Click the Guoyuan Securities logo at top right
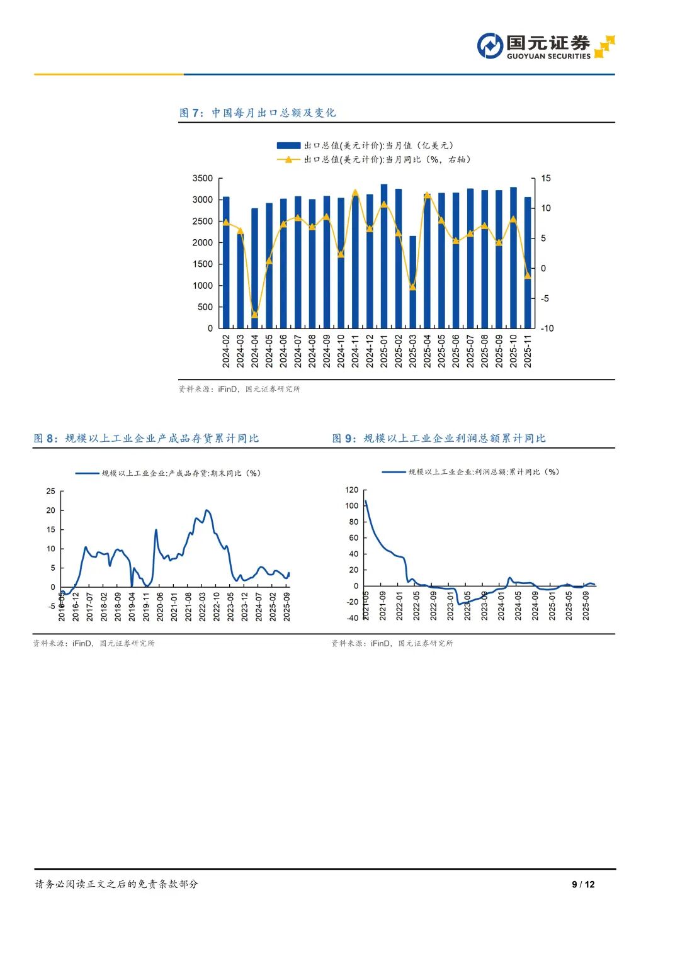click(545, 46)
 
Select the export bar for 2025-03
click(413, 282)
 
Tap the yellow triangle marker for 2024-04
click(255, 314)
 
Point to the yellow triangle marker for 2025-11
click(528, 275)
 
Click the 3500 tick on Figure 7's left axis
click(203, 179)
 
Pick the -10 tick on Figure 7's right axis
click(547, 329)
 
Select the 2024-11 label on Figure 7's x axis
click(355, 351)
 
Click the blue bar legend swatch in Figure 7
click(288, 146)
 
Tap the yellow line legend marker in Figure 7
click(288, 160)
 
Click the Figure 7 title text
click(258, 113)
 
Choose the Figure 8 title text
click(146, 438)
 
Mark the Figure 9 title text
click(439, 438)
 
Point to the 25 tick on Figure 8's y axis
click(50, 492)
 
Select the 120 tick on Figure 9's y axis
click(351, 490)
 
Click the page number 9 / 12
click(583, 884)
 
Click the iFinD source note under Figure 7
click(239, 389)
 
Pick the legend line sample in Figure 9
click(394, 472)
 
